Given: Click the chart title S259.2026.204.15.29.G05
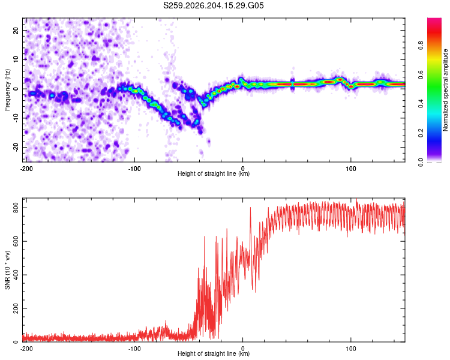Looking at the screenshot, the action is click(213, 5).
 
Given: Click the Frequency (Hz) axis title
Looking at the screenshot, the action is click(7, 90).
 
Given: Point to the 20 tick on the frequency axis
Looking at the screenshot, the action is click(16, 31).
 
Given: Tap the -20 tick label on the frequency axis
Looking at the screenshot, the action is click(16, 148).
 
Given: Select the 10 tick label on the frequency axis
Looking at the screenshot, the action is click(16, 59).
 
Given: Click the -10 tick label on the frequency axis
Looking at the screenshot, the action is click(16, 118).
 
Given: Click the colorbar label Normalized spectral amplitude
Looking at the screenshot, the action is click(445, 90).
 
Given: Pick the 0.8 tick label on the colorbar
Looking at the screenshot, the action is click(421, 46).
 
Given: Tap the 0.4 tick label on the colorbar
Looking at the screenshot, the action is click(421, 104).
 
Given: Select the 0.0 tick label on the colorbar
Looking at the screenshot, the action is click(421, 162).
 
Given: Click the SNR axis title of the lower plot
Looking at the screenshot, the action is click(7, 270).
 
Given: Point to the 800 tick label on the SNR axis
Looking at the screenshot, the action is click(16, 208).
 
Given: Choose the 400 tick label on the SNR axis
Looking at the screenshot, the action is click(16, 275).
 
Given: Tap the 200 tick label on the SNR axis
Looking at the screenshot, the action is click(16, 308).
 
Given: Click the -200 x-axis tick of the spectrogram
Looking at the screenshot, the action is click(26, 169).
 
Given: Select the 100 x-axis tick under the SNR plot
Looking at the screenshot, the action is click(351, 349).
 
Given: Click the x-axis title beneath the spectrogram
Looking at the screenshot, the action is click(214, 173).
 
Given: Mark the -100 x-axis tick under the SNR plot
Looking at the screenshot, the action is click(134, 349).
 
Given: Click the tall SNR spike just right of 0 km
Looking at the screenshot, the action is click(250, 218).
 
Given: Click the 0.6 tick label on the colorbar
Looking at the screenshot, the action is click(421, 74).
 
